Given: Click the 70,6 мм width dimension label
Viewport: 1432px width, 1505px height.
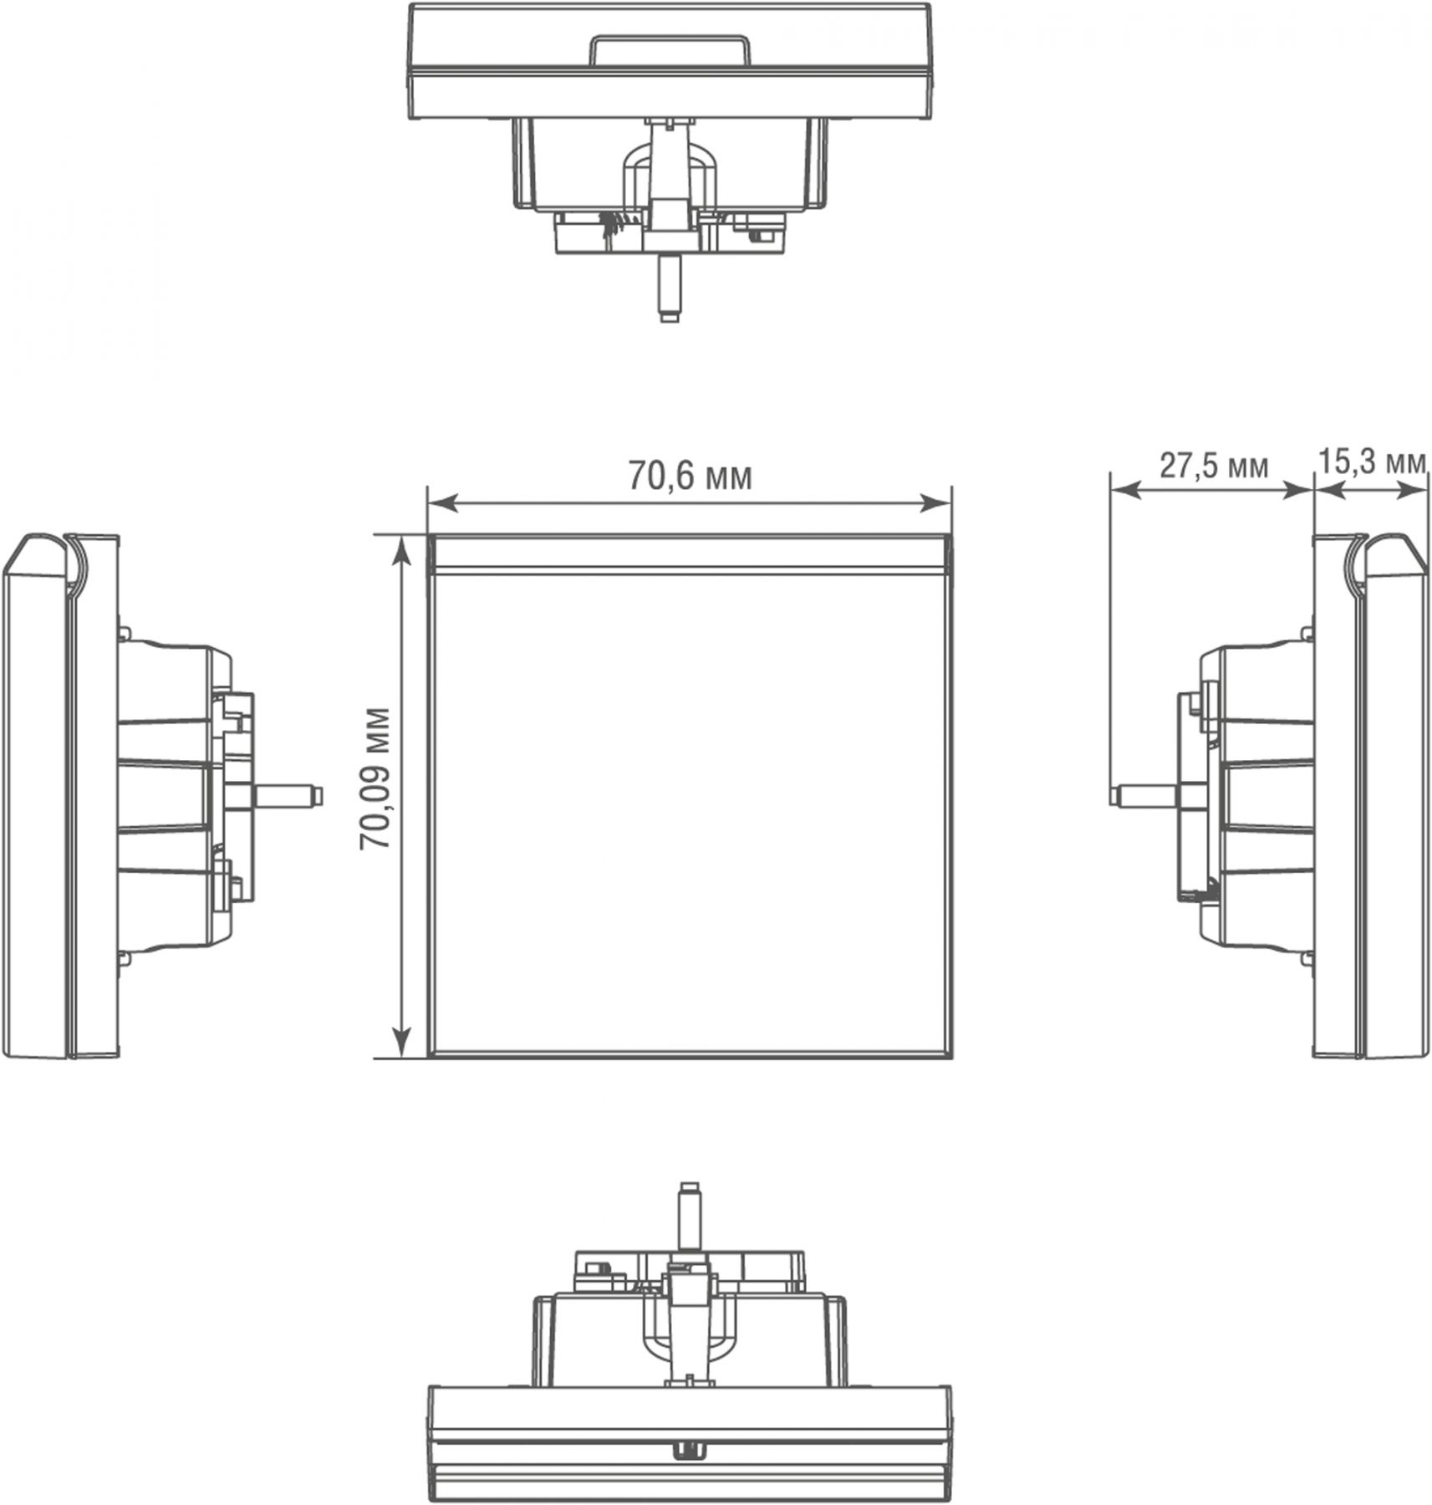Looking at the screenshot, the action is click(x=690, y=476).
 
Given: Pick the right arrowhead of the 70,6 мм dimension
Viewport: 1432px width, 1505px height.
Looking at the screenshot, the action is click(x=936, y=503).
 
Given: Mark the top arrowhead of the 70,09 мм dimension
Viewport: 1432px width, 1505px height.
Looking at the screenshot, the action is click(x=403, y=550).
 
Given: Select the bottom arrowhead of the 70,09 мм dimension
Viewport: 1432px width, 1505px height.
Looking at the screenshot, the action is click(x=403, y=1043).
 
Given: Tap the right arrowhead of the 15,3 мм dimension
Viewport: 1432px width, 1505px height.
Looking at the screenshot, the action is click(x=1412, y=492).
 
